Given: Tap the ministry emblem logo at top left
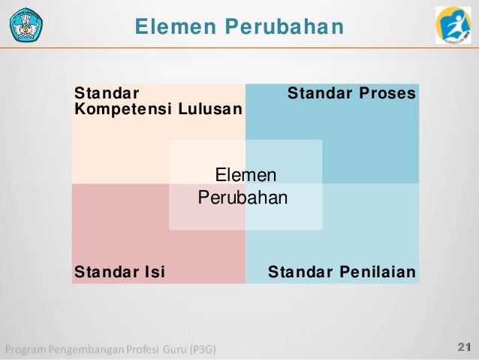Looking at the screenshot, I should click(x=26, y=24).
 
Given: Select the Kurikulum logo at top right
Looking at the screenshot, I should click(x=453, y=24).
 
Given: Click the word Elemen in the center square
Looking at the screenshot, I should click(x=246, y=176).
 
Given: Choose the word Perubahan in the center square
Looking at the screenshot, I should click(x=243, y=198).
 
